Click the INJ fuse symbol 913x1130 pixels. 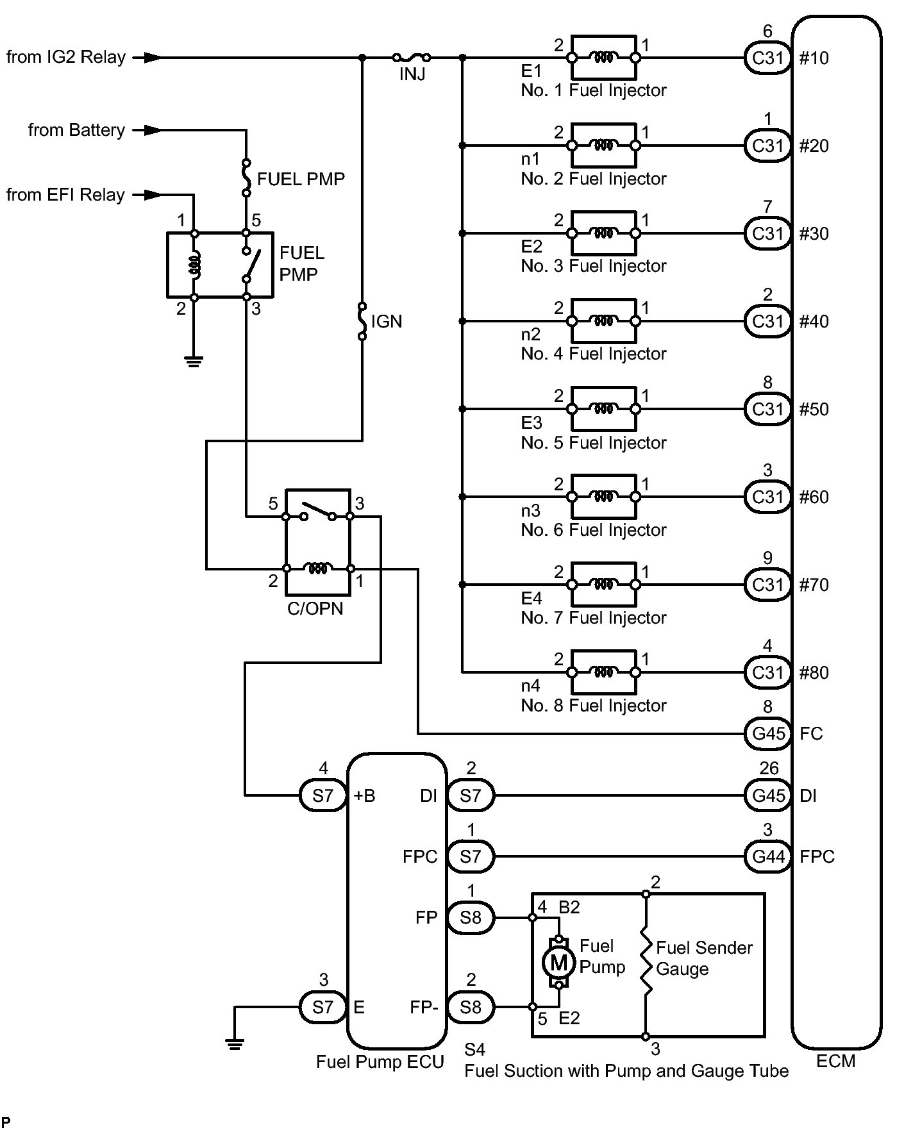411,57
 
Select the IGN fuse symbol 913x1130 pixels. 362,321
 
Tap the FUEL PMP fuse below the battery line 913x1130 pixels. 246,178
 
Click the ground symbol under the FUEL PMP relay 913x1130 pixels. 194,361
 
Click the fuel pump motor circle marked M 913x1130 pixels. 559,961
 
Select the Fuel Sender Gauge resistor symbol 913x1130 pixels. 646,965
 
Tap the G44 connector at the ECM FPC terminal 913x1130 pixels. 768,857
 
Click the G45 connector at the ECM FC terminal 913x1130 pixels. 768,733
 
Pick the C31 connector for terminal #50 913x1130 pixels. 768,409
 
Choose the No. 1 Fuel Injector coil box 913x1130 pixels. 603,58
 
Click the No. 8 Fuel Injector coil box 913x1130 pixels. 603,672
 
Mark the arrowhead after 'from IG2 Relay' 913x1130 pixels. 153,58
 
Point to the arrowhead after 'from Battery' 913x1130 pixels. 153,131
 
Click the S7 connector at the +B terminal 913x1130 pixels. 323,795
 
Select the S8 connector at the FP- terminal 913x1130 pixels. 470,1007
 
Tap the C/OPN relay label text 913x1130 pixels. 315,609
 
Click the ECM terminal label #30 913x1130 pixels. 814,233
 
